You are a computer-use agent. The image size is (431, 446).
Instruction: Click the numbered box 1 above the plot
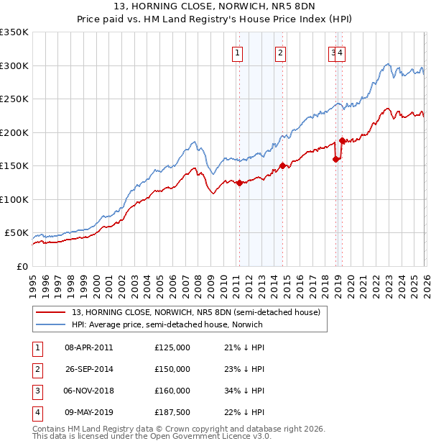click(238, 52)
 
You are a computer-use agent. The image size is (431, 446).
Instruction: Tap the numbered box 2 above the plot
click(280, 52)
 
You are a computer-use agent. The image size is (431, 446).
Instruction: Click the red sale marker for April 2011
click(238, 183)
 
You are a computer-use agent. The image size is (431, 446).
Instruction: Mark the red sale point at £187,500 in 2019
click(342, 141)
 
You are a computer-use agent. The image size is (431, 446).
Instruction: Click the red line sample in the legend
click(52, 312)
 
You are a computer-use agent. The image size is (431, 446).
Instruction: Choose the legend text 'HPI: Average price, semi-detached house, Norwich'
click(167, 324)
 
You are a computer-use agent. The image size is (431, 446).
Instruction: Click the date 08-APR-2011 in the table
click(88, 347)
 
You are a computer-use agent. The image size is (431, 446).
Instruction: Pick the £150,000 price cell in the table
click(172, 369)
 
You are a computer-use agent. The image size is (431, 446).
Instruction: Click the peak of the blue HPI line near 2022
click(387, 64)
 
